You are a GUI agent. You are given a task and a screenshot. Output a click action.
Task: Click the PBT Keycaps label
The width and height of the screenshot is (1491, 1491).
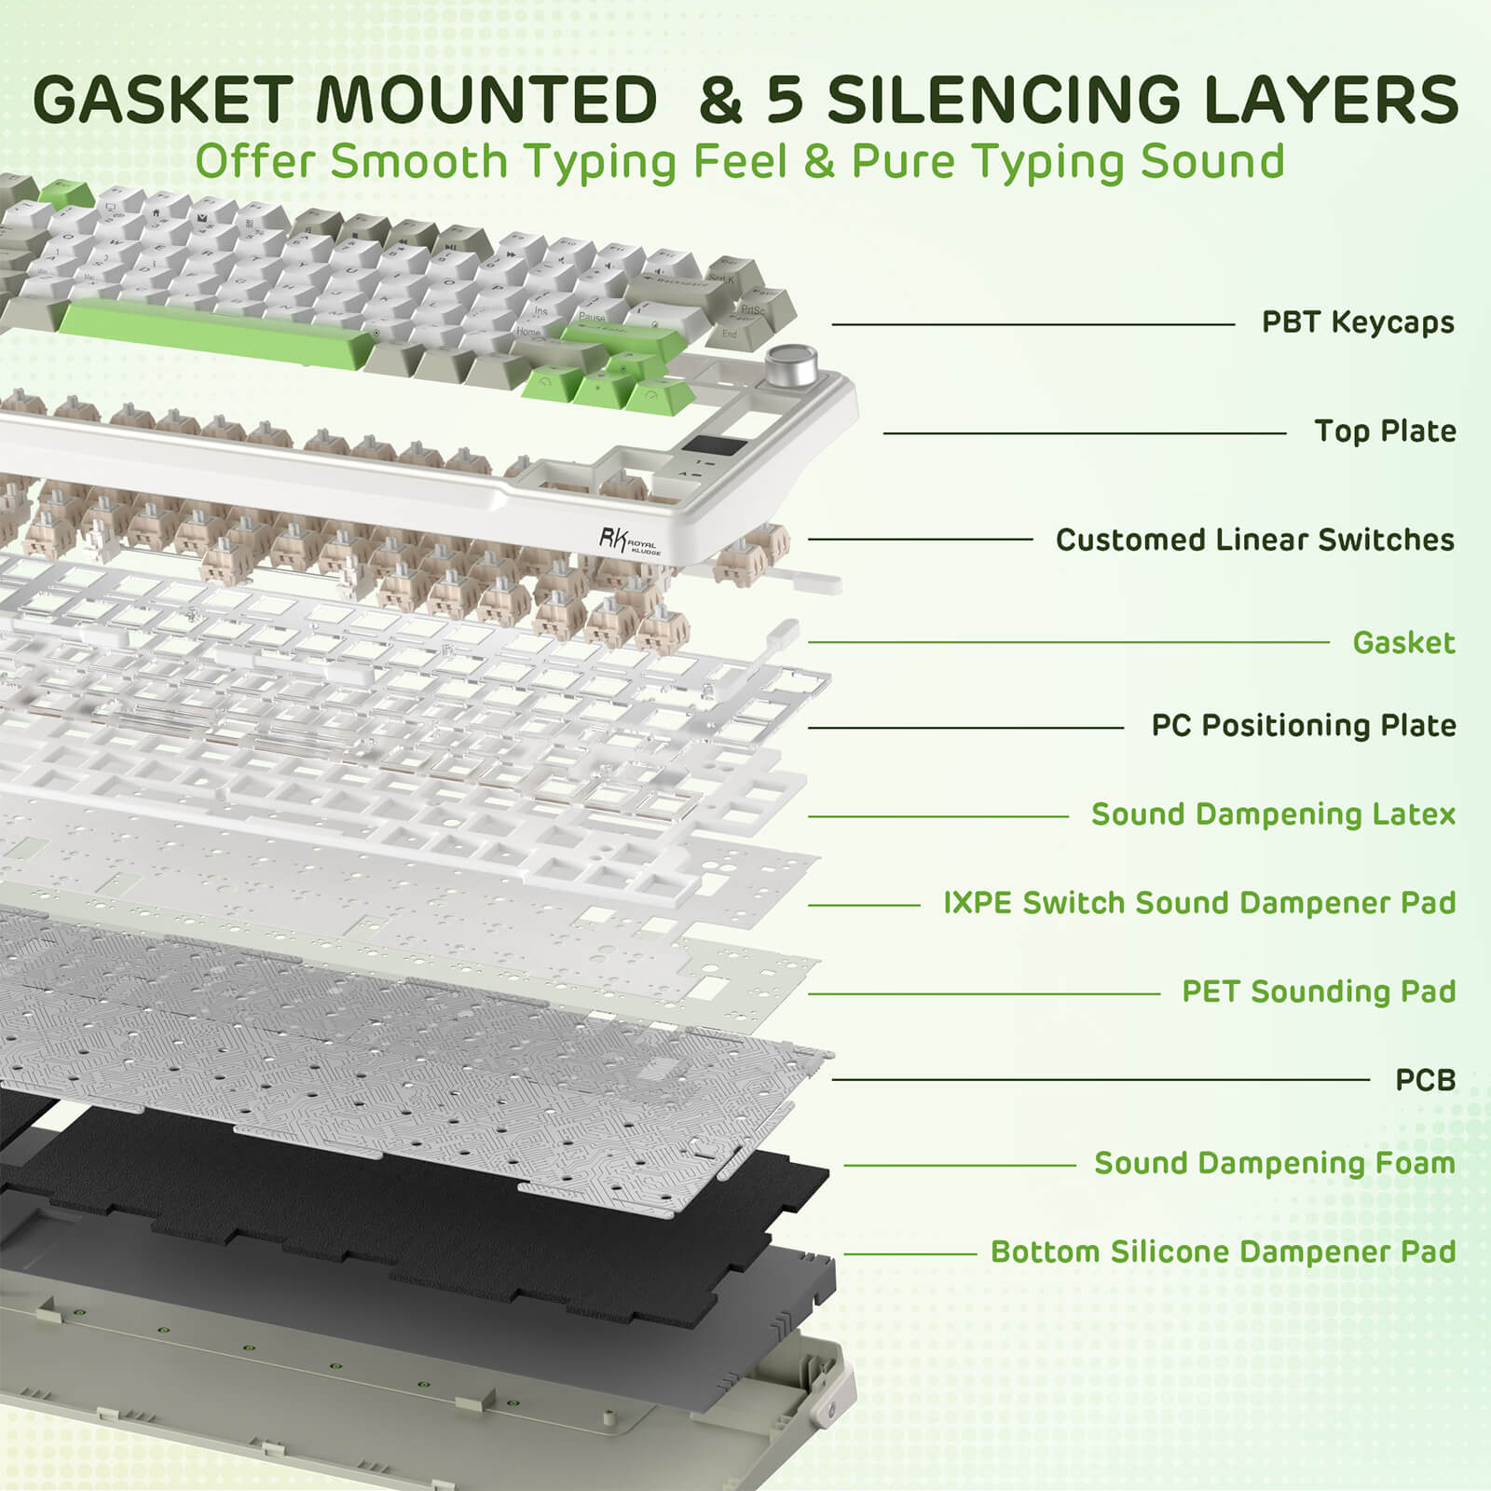tap(1357, 322)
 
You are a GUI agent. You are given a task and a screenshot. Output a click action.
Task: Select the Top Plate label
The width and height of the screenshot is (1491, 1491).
tap(1385, 431)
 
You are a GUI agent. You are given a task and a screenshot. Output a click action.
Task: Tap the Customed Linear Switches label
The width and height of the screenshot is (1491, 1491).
tap(1254, 540)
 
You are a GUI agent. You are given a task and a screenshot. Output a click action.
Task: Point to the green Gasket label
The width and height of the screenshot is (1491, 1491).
tap(1403, 642)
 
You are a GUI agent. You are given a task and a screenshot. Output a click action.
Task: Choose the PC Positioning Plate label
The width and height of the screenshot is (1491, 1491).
tap(1303, 725)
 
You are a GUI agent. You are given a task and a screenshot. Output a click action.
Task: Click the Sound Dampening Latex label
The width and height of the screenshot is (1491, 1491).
tap(1273, 814)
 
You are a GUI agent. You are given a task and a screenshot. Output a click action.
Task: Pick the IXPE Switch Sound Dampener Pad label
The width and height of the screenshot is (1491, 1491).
tap(1199, 903)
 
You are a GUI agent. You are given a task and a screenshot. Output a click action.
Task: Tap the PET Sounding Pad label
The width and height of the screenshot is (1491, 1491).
tap(1319, 992)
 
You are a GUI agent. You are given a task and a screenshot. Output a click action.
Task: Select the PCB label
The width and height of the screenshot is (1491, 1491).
tap(1425, 1080)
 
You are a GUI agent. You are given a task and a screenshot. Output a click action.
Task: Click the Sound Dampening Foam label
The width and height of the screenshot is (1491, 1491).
tap(1274, 1163)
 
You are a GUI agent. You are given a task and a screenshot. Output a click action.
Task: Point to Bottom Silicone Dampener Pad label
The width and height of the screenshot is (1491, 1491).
tap(1223, 1252)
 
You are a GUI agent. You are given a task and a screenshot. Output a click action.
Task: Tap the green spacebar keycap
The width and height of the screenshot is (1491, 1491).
tap(214, 333)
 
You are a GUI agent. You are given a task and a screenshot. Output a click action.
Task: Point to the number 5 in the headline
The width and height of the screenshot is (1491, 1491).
tap(785, 100)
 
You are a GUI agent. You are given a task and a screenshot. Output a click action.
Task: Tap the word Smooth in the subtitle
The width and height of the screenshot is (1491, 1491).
tap(417, 162)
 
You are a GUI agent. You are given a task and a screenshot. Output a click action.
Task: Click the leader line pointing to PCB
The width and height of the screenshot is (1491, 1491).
tap(1100, 1080)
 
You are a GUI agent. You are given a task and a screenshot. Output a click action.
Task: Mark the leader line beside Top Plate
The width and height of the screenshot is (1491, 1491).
tap(1085, 433)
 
